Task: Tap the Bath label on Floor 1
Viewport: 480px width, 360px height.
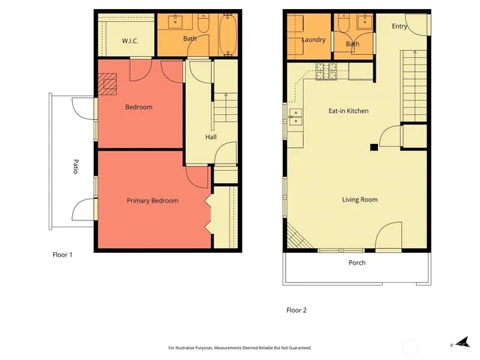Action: click(190, 39)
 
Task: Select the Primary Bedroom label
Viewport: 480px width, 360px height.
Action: click(152, 200)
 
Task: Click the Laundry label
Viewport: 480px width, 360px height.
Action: click(313, 40)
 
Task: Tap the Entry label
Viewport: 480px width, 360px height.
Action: click(400, 26)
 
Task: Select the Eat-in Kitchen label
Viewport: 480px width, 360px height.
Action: click(348, 111)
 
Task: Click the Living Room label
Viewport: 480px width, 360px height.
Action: click(359, 199)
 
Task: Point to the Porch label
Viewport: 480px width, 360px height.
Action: click(357, 262)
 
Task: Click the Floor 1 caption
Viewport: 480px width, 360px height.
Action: click(62, 255)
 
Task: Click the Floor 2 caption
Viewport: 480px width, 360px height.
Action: click(296, 310)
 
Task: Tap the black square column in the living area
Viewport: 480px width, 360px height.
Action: click(373, 147)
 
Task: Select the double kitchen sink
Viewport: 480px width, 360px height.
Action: click(295, 116)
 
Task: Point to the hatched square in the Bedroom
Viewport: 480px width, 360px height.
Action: click(110, 83)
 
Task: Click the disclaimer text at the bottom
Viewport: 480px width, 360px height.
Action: click(239, 348)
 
